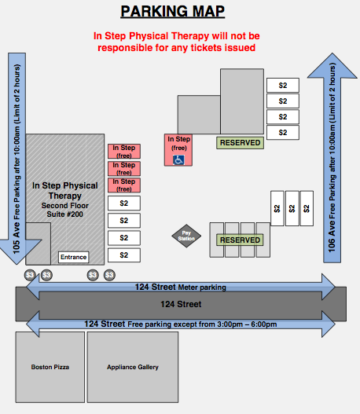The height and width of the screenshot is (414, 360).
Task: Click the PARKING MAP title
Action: (x=172, y=11)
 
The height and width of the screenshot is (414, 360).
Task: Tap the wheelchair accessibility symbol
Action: (x=178, y=159)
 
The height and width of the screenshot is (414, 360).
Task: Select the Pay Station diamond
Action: (x=186, y=236)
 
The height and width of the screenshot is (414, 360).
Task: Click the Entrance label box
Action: (x=73, y=257)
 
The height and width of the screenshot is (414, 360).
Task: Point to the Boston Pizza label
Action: (x=50, y=367)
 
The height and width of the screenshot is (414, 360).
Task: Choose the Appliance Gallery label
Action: (x=133, y=367)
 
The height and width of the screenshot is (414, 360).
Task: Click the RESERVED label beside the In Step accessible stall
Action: (x=240, y=143)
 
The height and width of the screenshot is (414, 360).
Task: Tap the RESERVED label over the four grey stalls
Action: (x=240, y=240)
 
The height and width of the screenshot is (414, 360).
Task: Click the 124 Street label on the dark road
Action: (x=181, y=304)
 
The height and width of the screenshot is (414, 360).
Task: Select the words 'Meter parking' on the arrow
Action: (x=202, y=288)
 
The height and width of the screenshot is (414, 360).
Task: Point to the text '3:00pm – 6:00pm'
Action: (x=247, y=324)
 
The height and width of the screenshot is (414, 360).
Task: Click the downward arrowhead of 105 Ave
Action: (x=17, y=251)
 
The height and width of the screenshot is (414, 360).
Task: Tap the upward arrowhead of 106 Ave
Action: (x=332, y=66)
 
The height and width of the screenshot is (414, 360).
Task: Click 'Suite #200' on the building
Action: (x=64, y=214)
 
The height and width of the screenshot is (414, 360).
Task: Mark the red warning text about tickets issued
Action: (x=176, y=42)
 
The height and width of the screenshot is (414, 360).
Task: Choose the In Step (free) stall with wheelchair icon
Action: (x=178, y=150)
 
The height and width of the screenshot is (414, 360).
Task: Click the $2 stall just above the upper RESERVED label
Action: (x=283, y=133)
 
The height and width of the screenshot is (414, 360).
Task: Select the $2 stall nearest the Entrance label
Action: (x=124, y=255)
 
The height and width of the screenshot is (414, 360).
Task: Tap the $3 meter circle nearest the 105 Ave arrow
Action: (x=30, y=275)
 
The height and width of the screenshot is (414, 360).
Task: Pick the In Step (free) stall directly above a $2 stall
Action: (x=124, y=185)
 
